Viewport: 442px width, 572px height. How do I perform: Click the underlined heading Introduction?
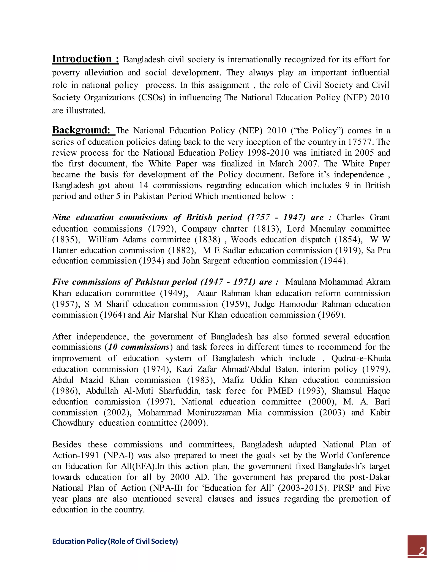pos(85,59)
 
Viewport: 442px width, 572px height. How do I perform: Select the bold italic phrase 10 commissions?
pos(139,347)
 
